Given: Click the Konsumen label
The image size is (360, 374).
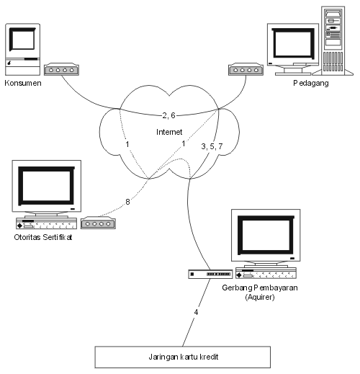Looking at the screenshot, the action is pos(23,83).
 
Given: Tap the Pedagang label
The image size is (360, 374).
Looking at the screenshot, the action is pos(311,83).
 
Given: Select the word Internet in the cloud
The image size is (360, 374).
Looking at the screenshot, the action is pos(169,132).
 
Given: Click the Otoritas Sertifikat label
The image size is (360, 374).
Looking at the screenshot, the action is pos(43,237).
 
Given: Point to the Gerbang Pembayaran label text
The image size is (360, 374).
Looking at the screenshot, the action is pos(260,288).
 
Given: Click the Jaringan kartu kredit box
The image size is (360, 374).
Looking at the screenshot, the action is pos(183,357).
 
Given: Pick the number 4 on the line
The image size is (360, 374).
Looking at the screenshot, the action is pos(196,312).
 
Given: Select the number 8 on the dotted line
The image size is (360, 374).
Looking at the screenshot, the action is pos(127,202).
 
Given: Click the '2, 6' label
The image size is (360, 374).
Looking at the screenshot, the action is pos(169,115).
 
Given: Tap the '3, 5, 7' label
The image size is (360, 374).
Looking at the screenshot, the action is pos(212,146).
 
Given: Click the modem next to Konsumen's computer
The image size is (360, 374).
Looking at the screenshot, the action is pos(61,69).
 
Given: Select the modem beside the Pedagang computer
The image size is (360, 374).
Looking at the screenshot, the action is pos(246,69).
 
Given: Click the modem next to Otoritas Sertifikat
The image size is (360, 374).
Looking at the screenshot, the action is pos(98,223).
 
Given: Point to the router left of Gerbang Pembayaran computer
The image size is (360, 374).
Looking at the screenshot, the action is pos(210,274).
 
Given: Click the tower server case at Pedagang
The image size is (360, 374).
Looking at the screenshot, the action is pos(333,40).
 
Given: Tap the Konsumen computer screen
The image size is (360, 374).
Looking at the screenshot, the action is pos(22,40).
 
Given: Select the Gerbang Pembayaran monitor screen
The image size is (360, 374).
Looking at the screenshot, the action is pos(266,235).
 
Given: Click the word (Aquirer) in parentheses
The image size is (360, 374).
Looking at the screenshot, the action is pos(260,297).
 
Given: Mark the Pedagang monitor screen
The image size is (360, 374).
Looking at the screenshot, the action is pos(293,44).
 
